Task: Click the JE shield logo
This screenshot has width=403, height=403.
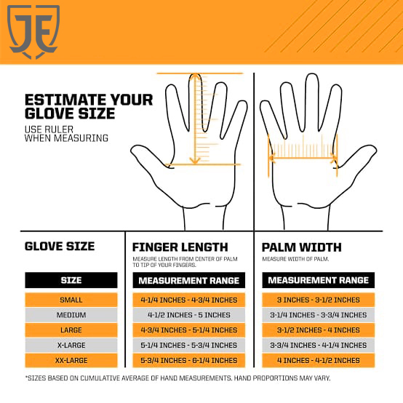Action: pos(33,31)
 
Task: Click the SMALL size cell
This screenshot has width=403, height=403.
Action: pos(71,300)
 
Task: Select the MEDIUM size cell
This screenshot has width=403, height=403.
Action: pos(71,315)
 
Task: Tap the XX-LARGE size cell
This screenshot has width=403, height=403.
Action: pos(71,360)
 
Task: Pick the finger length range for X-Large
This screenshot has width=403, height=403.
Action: pos(189,346)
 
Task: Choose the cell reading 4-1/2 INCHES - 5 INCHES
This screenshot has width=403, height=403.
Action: pos(189,315)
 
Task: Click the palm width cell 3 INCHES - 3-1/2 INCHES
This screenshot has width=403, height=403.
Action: pos(318,300)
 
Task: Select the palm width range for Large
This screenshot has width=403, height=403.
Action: pos(318,330)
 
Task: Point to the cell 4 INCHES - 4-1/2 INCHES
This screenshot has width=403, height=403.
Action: pos(318,360)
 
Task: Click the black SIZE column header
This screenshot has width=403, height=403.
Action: pos(71,280)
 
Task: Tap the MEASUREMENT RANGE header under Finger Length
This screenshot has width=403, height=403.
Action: pos(189,280)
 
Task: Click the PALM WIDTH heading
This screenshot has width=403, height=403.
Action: pos(301,247)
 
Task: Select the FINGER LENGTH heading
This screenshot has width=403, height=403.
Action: pos(180,247)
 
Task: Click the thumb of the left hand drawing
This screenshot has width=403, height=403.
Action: pos(149,157)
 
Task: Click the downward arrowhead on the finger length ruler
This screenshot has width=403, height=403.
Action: pos(195,161)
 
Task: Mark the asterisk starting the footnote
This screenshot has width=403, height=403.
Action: pos(26,377)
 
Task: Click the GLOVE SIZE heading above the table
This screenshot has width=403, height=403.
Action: pos(60,246)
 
